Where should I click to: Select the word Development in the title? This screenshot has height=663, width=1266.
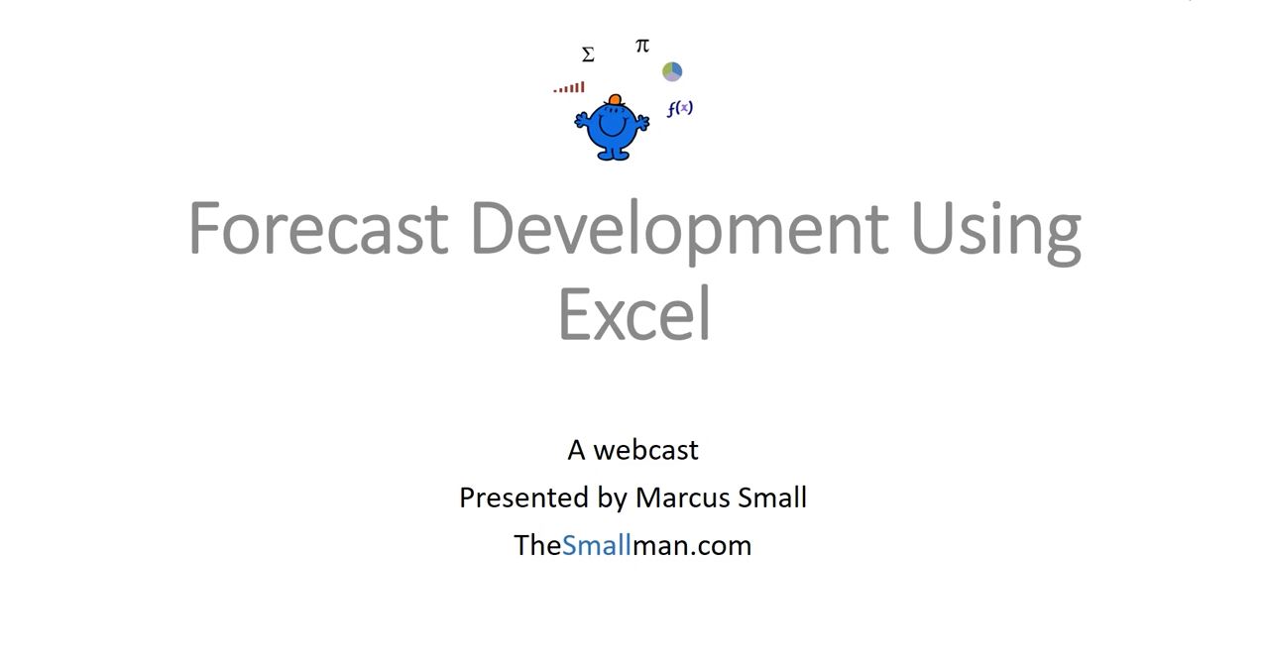pos(680,232)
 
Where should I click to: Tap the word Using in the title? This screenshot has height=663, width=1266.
pos(996,232)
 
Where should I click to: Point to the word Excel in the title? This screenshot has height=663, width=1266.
pos(634,313)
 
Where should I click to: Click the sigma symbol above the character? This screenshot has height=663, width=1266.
pos(588,55)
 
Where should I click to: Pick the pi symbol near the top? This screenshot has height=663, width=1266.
pos(642,46)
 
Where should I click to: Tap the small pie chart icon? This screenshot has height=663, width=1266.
pos(672,71)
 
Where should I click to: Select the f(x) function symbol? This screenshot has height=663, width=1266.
pos(680,108)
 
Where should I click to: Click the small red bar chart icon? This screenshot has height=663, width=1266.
pos(569,87)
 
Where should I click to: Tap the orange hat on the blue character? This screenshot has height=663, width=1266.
pos(615,100)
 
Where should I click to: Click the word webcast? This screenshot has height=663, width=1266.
pos(645,450)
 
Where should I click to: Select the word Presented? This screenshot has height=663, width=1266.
pos(523,497)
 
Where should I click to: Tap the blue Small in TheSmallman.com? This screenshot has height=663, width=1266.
pos(596,545)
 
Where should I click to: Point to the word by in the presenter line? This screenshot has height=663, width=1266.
pos(612,499)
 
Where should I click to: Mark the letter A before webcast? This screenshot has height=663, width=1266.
pos(576,451)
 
